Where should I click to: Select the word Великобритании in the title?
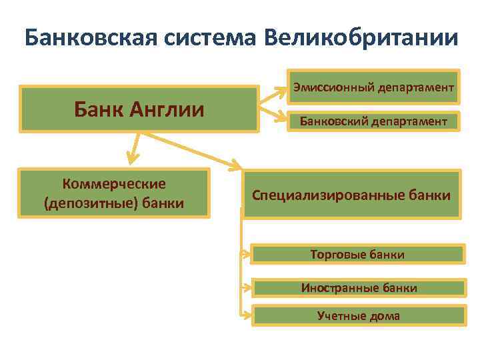click(x=361, y=37)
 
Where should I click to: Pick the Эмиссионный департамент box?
click(x=373, y=87)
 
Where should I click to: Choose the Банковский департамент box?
click(x=373, y=121)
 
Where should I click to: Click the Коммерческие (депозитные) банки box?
click(x=114, y=193)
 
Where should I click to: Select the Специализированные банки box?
click(x=351, y=195)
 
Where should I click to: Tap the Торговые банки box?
click(x=357, y=254)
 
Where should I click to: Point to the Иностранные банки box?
click(x=359, y=288)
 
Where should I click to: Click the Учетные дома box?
click(x=359, y=315)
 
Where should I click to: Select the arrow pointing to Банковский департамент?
click(x=273, y=117)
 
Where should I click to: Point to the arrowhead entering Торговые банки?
click(x=246, y=254)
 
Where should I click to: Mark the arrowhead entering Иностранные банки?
click(x=246, y=288)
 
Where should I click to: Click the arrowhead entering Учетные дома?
click(x=246, y=314)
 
